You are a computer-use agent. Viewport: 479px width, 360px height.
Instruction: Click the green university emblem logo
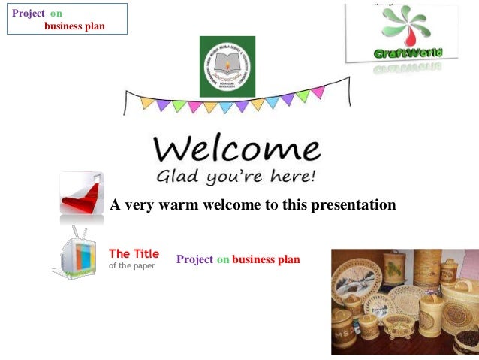pos(227,66)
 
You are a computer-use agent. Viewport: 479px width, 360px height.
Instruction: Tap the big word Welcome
pos(236,150)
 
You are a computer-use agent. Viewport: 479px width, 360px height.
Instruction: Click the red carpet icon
pos(80,193)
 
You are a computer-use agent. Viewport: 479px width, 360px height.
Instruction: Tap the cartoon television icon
pos(77,253)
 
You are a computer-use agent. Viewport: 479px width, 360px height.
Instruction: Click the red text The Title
pos(134,254)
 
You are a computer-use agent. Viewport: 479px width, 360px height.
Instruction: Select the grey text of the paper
pos(131,265)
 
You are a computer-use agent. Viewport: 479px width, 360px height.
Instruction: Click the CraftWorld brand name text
pos(408,53)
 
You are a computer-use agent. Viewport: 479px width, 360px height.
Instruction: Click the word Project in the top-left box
pos(28,14)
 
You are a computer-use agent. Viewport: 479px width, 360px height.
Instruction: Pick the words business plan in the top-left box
pos(74,26)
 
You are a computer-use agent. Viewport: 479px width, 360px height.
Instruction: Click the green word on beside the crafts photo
pos(223,259)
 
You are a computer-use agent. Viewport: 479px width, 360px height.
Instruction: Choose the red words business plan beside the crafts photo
pos(266,259)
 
